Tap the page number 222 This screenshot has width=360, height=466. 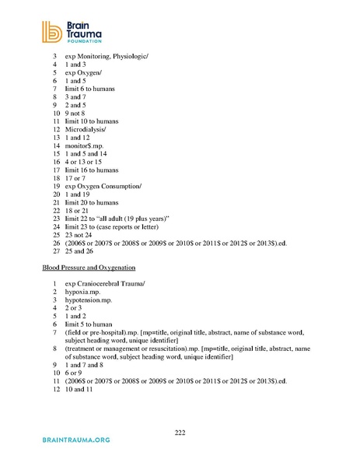coord(180,432)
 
